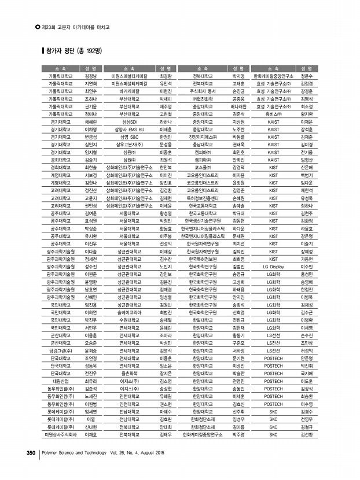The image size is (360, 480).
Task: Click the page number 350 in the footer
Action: tap(31, 453)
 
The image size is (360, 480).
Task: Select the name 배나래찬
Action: tap(238, 106)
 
